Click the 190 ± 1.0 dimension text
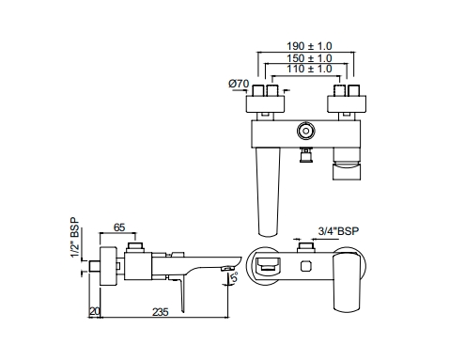[x=309, y=46]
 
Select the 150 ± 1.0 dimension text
[x=309, y=58]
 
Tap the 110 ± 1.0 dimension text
[x=309, y=69]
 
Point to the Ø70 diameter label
[x=239, y=84]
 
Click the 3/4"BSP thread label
[x=338, y=231]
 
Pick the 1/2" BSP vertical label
[x=75, y=237]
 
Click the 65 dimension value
[x=119, y=227]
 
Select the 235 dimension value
[x=161, y=312]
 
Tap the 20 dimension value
[x=95, y=311]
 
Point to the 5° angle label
[x=234, y=277]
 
